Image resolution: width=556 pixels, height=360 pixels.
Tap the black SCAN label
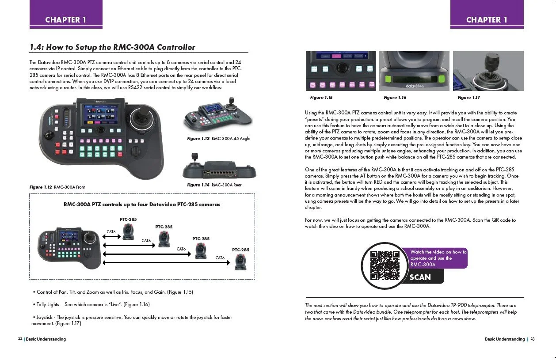point(420,277)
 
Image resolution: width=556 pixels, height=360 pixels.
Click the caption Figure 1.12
point(41,187)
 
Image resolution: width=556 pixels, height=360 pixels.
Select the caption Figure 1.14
point(198,185)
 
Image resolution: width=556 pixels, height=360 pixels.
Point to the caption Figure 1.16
point(395,98)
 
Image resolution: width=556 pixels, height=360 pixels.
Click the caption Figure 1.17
point(468,98)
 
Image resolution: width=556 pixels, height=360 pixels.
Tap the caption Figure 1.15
point(321,98)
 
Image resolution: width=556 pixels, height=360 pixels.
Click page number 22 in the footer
point(20,339)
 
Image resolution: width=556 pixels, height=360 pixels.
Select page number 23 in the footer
point(533,339)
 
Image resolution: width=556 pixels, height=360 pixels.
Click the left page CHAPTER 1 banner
point(66,19)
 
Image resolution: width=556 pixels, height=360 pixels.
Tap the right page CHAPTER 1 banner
point(487,19)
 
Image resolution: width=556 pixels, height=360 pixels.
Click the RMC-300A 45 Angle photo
point(217,114)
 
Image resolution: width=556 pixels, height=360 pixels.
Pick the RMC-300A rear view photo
point(217,167)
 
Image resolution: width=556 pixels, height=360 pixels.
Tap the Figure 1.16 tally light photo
point(414,71)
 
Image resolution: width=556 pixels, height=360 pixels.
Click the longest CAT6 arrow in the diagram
point(166,263)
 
